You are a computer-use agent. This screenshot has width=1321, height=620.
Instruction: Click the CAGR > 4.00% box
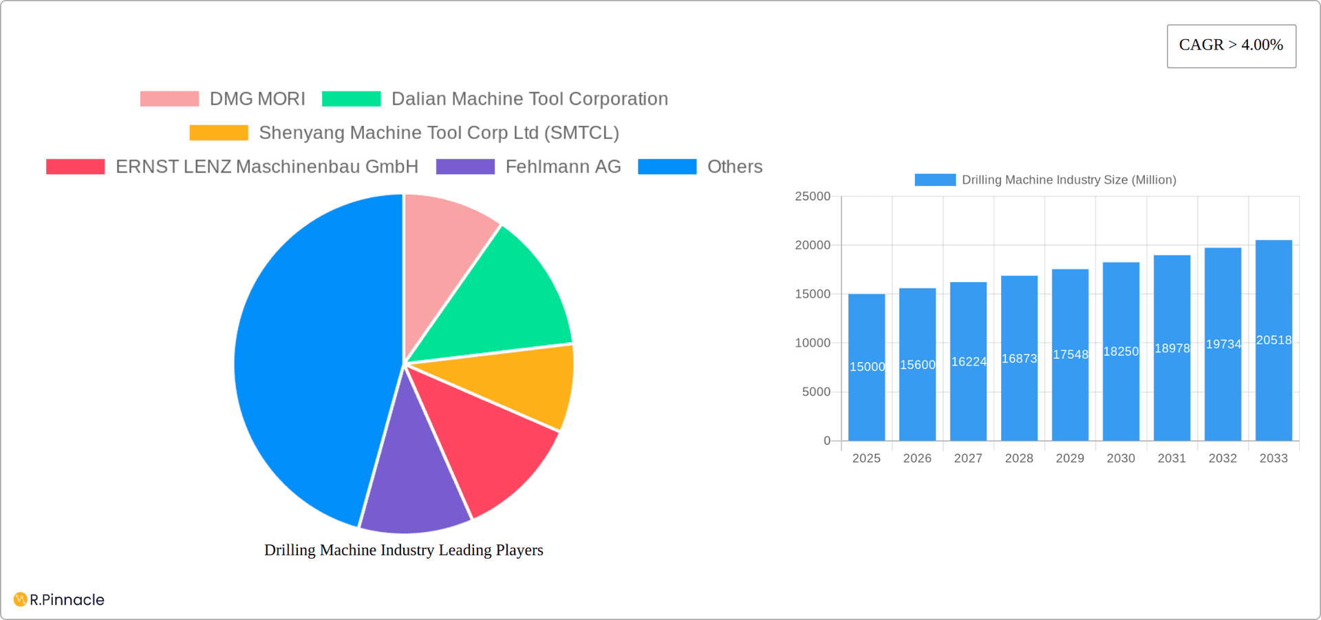point(1231,45)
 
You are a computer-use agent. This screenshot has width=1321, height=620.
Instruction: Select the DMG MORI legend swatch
point(169,99)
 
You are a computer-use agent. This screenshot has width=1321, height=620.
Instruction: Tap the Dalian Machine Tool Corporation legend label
point(529,99)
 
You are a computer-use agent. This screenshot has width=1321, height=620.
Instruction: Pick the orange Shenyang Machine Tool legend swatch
point(219,133)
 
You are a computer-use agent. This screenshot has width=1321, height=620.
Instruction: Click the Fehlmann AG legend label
point(563,167)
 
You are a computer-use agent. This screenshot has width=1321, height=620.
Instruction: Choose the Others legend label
point(734,167)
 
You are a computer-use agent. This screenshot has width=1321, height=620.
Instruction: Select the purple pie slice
point(413,482)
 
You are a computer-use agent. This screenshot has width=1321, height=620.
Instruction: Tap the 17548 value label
point(1070,354)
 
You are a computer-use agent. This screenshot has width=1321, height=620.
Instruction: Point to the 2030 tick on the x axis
point(1121,458)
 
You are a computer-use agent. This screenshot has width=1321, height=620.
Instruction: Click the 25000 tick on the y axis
point(813,197)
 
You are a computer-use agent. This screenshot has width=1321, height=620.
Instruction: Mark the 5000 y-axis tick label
point(816,392)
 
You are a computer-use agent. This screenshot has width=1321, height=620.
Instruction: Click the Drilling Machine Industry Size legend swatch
point(934,180)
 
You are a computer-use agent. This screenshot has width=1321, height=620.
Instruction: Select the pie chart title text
point(404,550)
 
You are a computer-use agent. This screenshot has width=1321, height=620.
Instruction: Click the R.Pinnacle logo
point(59,599)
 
